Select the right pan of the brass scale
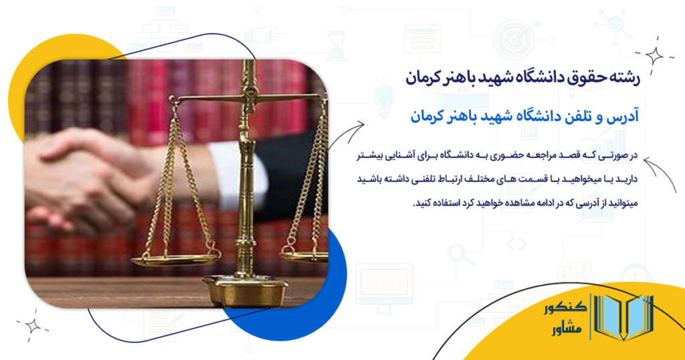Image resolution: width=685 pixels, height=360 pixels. pos(305,254)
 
